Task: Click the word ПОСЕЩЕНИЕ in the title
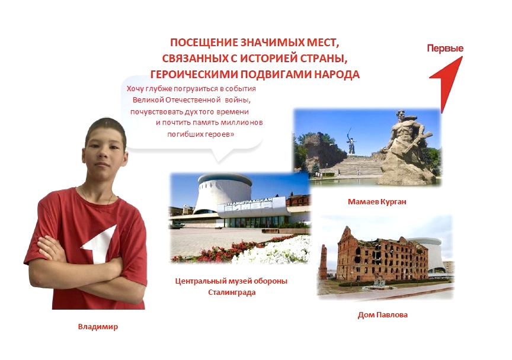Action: point(204,43)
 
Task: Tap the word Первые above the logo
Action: point(445,49)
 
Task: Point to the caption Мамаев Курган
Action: point(377,202)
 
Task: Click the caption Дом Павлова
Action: point(383,315)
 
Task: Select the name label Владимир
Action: point(98,326)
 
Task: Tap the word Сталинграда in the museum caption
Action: point(232,292)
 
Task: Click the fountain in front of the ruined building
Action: point(379,285)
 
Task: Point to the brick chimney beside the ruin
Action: point(324,261)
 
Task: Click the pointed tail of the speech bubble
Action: point(218,161)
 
